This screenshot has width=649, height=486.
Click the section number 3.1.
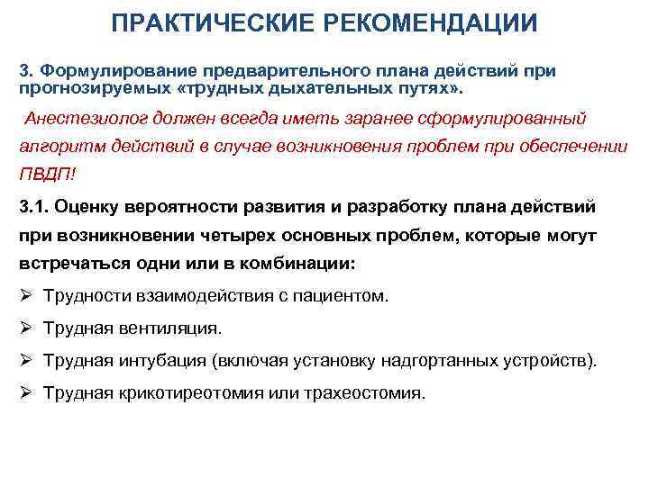pyautogui.click(x=33, y=207)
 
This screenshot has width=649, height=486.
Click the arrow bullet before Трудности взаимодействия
pyautogui.click(x=25, y=295)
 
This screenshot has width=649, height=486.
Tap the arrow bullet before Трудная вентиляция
pyautogui.click(x=25, y=328)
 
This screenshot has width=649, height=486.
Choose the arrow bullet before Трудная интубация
pyautogui.click(x=25, y=361)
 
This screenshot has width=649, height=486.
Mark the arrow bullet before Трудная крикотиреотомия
pyautogui.click(x=25, y=393)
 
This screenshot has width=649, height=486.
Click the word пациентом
pyautogui.click(x=342, y=295)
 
